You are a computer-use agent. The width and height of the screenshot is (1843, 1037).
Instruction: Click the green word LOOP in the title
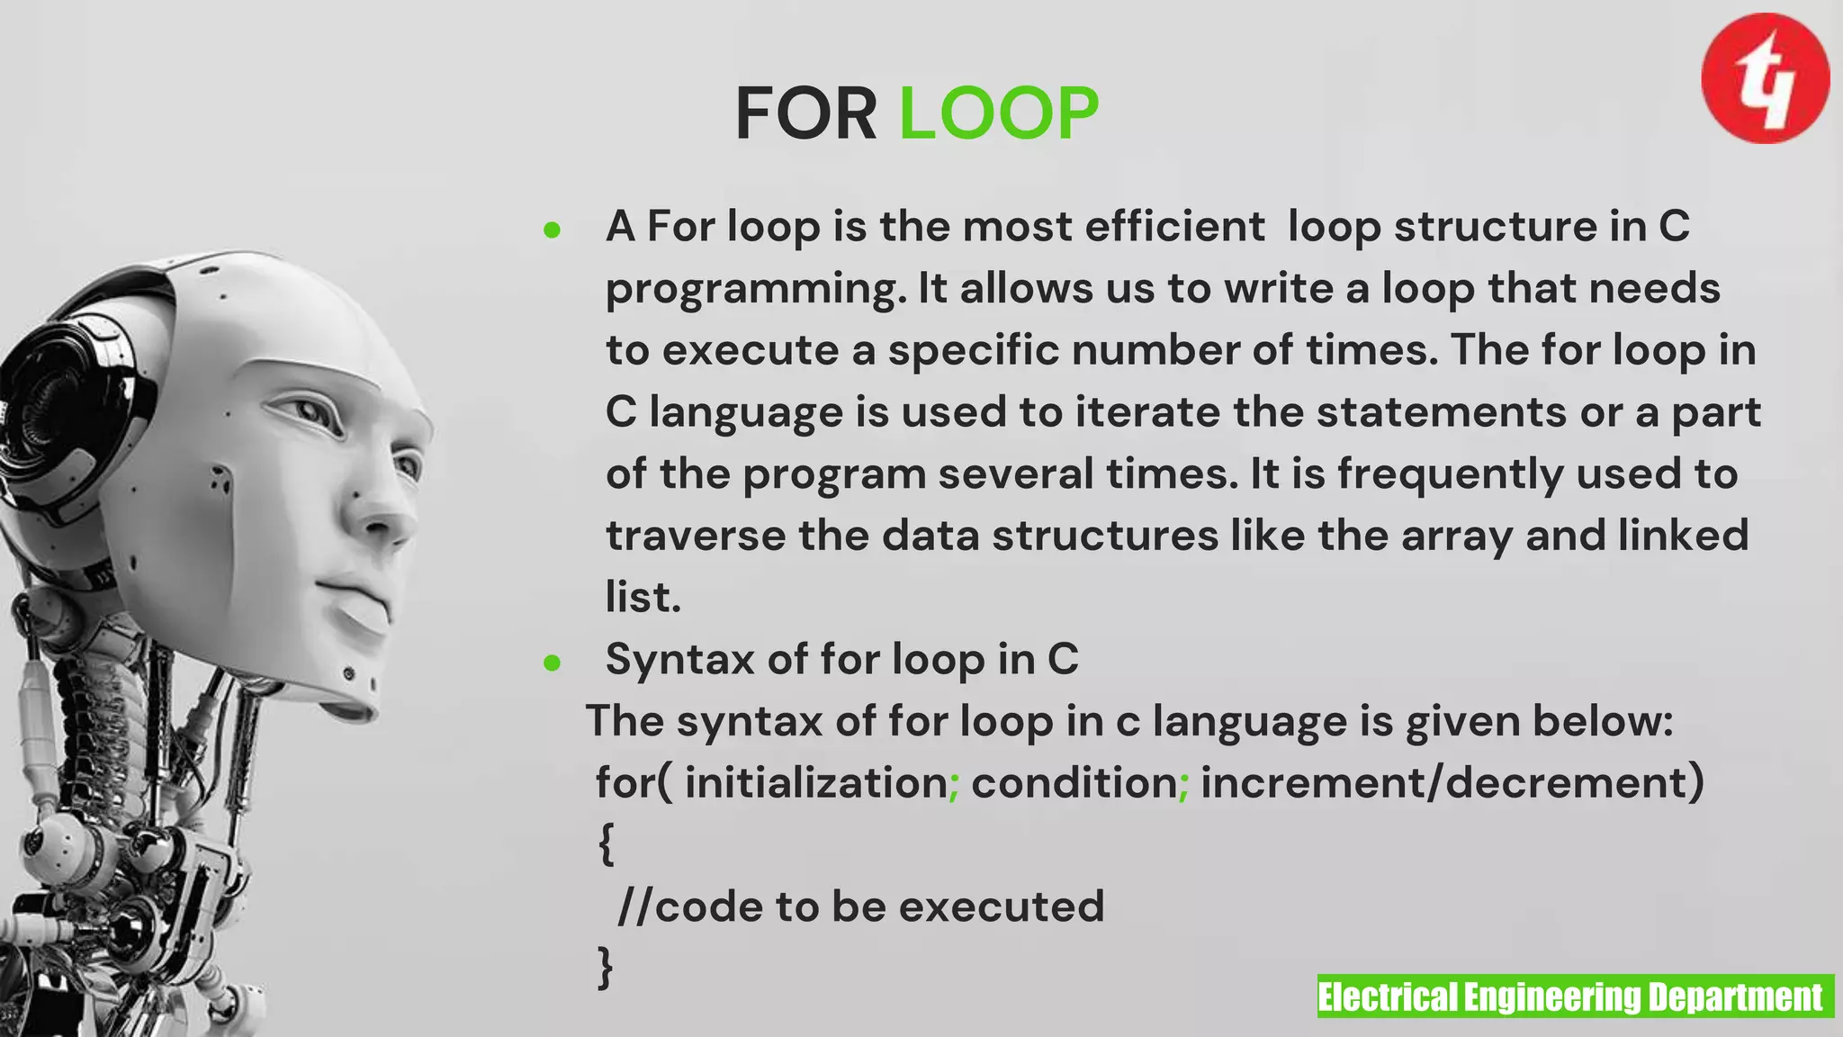click(x=999, y=113)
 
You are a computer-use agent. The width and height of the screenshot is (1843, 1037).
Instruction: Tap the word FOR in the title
click(x=805, y=113)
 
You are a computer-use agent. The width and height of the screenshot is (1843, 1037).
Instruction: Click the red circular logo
click(x=1765, y=78)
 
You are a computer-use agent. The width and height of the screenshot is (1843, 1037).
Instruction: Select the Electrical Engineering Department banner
click(x=1575, y=996)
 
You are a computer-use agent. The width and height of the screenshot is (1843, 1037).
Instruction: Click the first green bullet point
click(x=553, y=230)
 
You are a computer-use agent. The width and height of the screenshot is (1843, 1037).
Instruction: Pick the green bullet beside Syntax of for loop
click(x=553, y=664)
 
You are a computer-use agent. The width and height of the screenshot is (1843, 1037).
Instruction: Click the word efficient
click(x=1174, y=226)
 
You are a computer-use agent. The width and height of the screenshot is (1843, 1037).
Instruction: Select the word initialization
click(x=816, y=782)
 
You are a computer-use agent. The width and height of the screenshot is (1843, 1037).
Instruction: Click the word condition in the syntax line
click(x=1074, y=782)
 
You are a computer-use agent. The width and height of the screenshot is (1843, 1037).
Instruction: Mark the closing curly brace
click(x=606, y=968)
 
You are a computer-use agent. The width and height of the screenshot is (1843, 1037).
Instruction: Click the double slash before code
click(x=635, y=906)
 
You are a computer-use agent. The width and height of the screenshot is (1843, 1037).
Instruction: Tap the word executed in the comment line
click(x=1002, y=906)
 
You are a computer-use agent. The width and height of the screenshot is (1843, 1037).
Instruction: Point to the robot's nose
click(x=382, y=522)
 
